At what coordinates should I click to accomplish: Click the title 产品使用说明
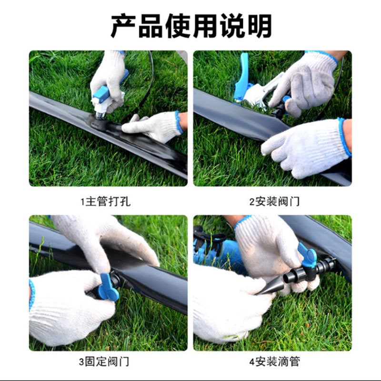[191, 26]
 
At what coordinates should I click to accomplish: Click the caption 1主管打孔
[105, 201]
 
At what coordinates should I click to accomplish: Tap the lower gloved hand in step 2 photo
[305, 148]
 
